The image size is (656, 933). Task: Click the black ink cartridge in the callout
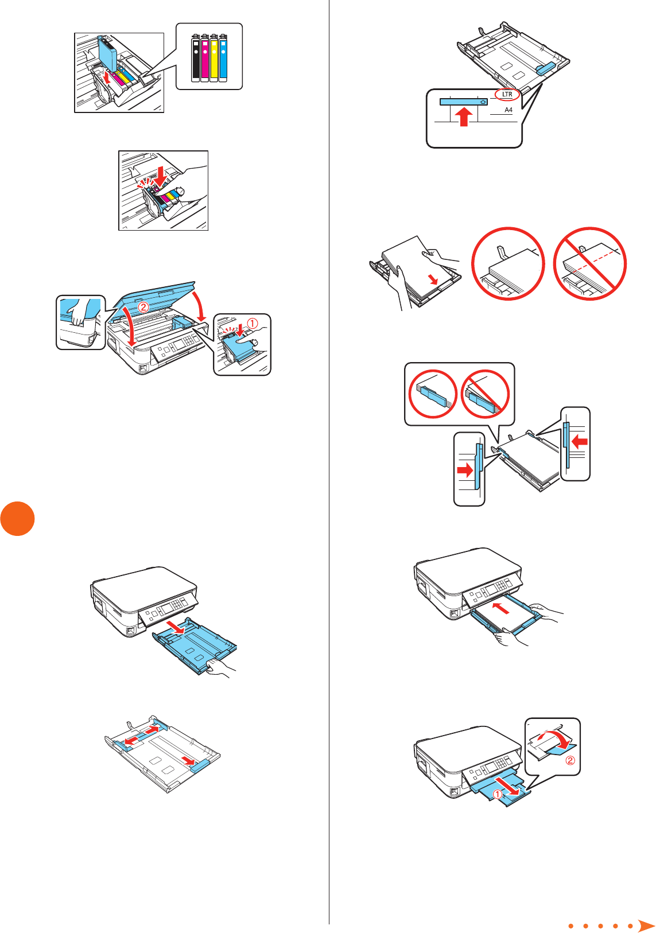point(196,59)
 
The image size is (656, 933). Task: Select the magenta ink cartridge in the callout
point(205,59)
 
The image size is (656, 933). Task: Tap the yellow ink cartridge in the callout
point(214,59)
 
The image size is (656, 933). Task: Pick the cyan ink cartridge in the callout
point(223,59)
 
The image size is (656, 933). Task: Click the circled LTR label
point(507,95)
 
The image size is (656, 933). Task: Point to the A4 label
point(509,110)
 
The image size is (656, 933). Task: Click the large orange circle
point(17,519)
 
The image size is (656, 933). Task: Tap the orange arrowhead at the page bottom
point(646,925)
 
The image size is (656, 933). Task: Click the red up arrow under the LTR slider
point(464,117)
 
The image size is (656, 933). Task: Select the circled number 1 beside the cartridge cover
point(252,324)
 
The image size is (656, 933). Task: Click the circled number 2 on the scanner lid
point(143,307)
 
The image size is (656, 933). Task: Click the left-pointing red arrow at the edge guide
point(580,442)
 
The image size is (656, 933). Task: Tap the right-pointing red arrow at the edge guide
point(465,471)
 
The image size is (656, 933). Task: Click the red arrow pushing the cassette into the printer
point(501,607)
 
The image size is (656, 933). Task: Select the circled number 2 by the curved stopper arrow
point(570,761)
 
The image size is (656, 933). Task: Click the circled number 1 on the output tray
point(498,794)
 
